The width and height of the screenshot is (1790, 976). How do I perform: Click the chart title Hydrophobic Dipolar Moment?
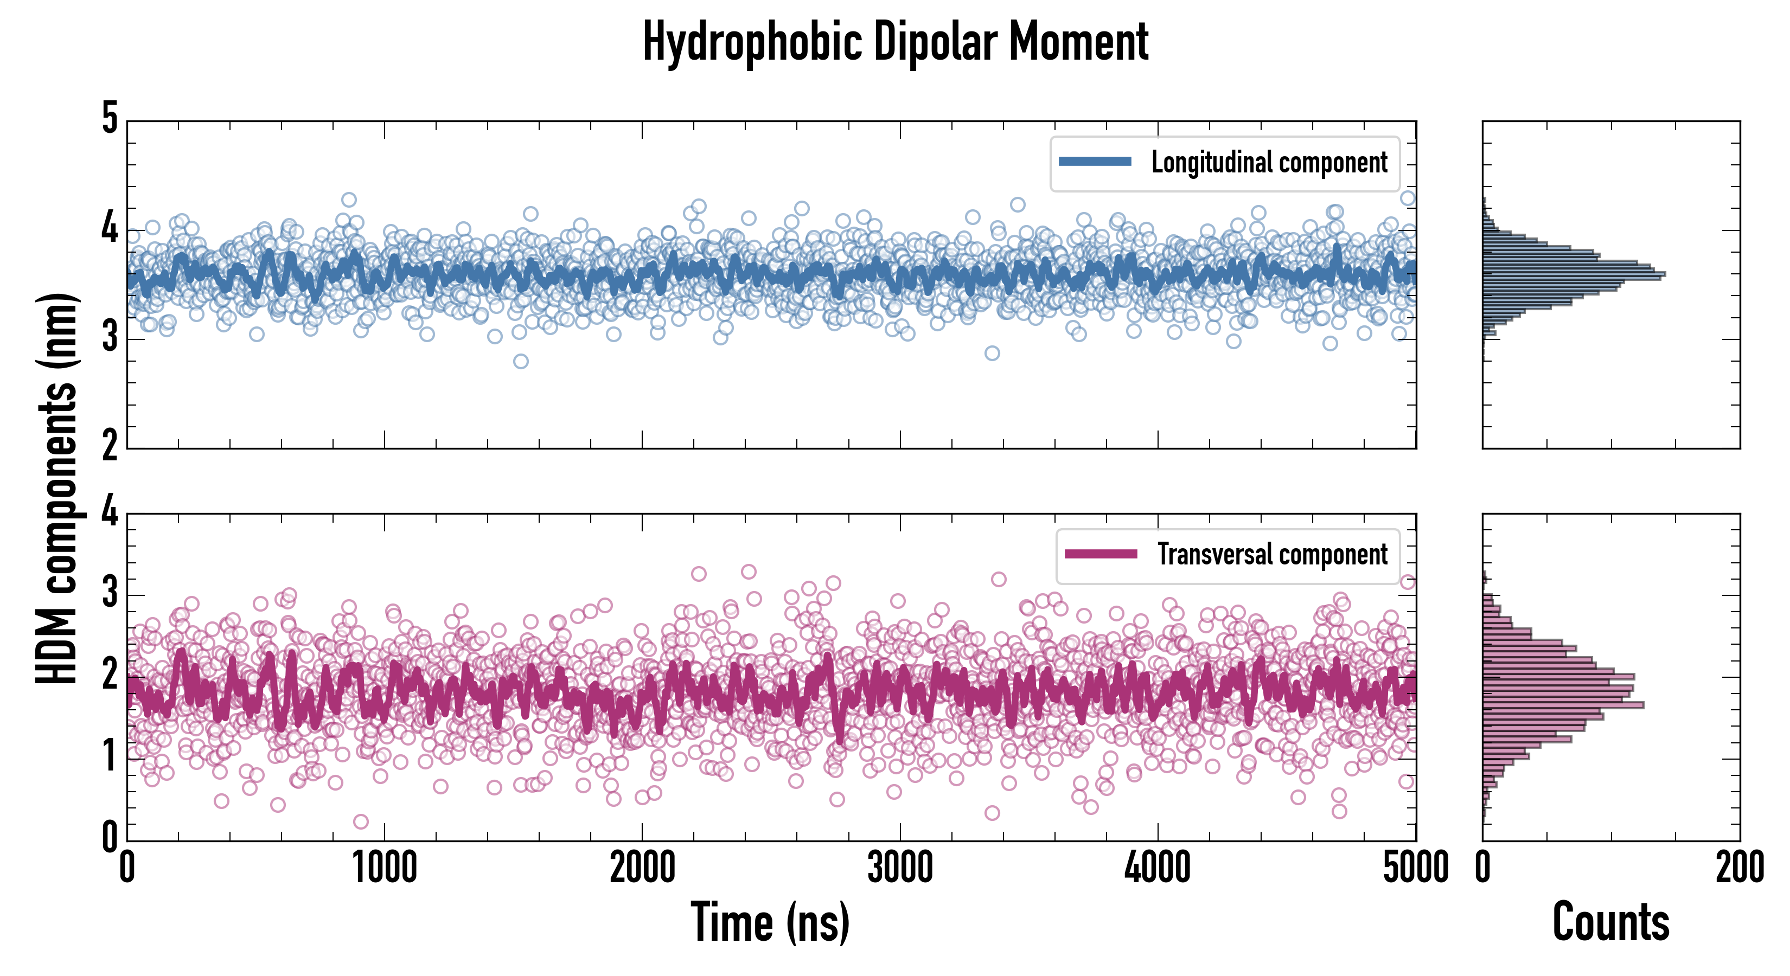point(895,42)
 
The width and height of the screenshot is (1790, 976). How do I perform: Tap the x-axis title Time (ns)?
point(770,922)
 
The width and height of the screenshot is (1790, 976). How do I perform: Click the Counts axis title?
point(1610,922)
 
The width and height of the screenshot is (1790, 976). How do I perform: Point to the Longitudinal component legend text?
point(1269,163)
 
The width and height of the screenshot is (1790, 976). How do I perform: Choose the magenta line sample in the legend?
point(1101,554)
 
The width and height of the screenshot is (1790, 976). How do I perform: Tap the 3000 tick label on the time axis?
point(900,868)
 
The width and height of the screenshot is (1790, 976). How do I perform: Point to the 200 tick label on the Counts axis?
point(1739,868)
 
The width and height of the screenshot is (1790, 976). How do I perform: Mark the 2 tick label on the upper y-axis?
point(110,446)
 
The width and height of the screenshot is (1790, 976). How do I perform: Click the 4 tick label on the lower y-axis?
point(110,512)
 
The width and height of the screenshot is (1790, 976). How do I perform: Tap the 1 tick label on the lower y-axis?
point(110,757)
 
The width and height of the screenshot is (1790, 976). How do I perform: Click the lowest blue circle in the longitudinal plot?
point(521,361)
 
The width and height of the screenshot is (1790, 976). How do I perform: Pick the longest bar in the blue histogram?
point(1574,274)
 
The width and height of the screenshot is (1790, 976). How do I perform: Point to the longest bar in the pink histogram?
point(1563,705)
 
